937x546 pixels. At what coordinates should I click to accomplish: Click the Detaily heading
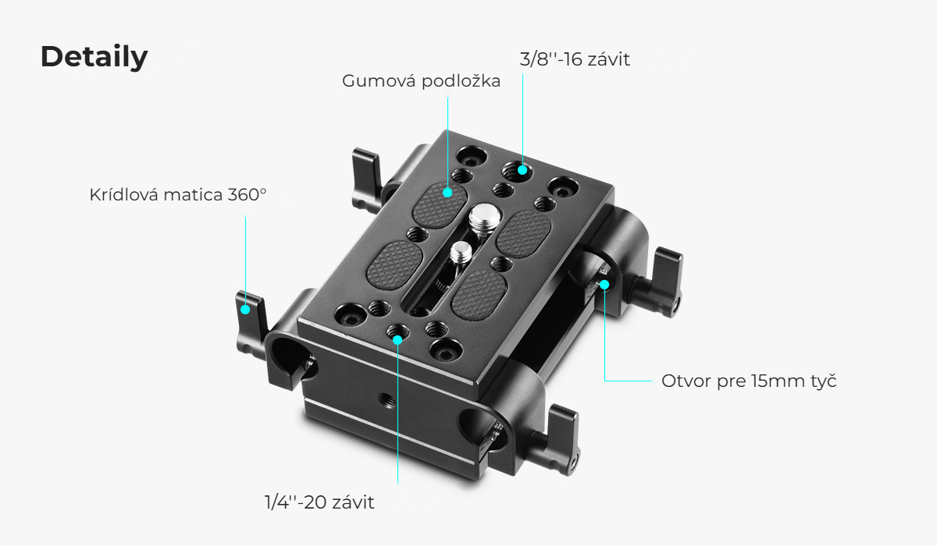(x=94, y=57)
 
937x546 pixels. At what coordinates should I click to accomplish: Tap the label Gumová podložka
(x=421, y=81)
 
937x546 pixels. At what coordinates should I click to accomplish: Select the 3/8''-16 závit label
(x=575, y=59)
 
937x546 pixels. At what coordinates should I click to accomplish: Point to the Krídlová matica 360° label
(x=178, y=195)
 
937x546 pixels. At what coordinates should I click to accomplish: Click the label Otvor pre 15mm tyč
(x=749, y=381)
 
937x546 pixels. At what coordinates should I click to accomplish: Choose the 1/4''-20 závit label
(x=319, y=502)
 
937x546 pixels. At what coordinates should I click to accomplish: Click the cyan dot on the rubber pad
(x=447, y=193)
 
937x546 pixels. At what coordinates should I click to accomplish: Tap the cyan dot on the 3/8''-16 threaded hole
(x=522, y=170)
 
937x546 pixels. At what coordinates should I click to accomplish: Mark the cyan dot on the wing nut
(x=245, y=310)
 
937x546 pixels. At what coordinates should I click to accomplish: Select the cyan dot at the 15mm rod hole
(x=604, y=285)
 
